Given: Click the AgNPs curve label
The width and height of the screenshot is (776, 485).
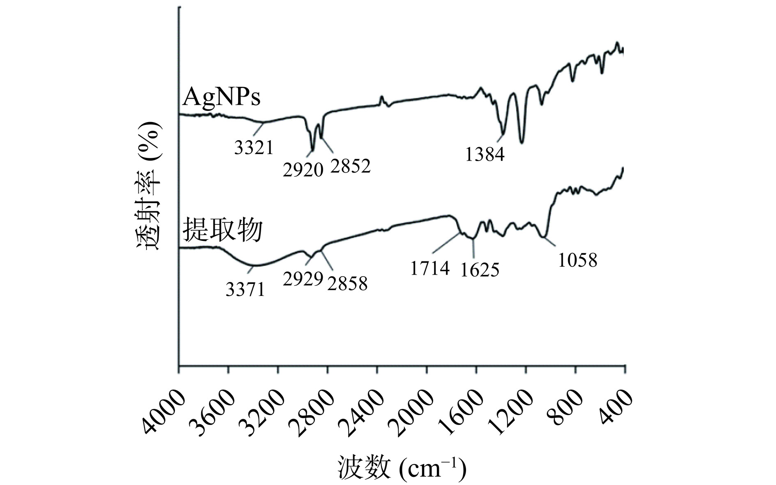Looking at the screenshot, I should [222, 98].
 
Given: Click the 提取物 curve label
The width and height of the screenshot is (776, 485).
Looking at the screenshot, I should [222, 230].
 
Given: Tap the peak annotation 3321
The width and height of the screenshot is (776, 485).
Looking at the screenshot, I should [254, 147].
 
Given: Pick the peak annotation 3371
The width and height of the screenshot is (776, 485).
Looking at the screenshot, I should [246, 290].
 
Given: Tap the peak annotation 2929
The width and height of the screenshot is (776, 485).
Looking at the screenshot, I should [303, 279].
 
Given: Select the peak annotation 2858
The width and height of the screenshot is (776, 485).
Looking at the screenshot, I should [347, 284].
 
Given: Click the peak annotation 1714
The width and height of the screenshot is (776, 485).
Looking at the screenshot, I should [430, 268].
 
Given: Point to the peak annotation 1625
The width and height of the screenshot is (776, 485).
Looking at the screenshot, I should [480, 270].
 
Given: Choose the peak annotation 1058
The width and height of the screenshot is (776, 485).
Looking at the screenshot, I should [577, 260].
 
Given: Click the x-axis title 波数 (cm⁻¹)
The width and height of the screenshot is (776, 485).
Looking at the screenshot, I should [402, 468].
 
